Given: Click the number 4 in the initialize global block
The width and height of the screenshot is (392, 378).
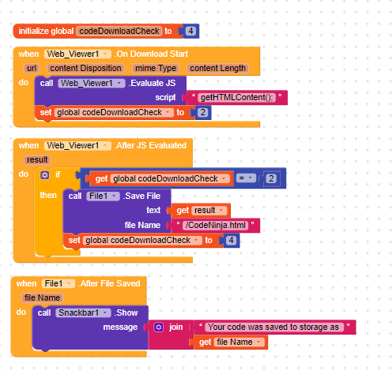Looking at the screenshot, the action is click(x=190, y=31).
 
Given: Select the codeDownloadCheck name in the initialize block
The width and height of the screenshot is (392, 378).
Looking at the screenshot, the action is click(x=119, y=31).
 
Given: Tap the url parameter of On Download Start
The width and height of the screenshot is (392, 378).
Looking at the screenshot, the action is click(x=32, y=69).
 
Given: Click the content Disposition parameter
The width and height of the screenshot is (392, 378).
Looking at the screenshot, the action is click(x=85, y=69).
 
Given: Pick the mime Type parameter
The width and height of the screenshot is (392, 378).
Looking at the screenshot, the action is click(x=156, y=69).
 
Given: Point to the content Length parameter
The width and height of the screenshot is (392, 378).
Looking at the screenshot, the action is click(x=217, y=69).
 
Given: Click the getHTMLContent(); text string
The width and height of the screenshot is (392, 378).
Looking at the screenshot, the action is click(x=236, y=98).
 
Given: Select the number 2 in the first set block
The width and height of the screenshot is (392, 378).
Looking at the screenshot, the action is click(x=202, y=113).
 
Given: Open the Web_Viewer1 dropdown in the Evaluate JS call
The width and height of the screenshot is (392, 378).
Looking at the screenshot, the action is click(x=92, y=84).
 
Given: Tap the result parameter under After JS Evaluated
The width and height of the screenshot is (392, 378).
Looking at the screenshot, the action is click(x=37, y=160).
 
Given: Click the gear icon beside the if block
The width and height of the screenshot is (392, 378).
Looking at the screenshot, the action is click(x=44, y=175).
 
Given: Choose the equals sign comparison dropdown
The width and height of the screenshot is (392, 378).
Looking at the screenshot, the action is click(x=246, y=178).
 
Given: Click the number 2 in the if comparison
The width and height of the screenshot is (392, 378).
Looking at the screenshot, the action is click(x=271, y=178).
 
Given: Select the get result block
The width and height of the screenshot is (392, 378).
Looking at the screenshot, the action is click(x=201, y=210).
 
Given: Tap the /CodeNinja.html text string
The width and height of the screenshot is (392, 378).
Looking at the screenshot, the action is click(x=216, y=225).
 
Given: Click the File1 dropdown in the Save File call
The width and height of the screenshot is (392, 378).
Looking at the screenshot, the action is click(x=103, y=196).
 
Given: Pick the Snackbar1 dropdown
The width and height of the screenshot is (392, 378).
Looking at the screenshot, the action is click(x=83, y=313).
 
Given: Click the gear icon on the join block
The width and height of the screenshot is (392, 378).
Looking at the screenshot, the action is click(x=158, y=327).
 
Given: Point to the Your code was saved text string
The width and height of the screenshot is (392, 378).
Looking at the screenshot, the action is click(x=274, y=327).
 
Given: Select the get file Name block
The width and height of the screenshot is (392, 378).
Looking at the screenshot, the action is click(x=231, y=342).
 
